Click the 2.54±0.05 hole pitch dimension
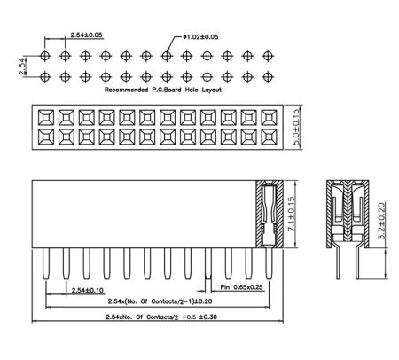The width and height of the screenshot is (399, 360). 86,35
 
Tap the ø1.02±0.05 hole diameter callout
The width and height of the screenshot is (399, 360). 200,37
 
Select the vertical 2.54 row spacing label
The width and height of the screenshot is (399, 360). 22,67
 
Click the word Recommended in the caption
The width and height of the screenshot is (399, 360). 126,90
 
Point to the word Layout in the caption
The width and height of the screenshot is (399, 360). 212,90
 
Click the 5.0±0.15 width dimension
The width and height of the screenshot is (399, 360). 296,127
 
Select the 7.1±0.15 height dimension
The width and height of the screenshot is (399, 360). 292,214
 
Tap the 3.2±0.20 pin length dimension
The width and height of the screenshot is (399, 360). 382,220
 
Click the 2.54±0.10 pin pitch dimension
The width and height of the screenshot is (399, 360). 88,290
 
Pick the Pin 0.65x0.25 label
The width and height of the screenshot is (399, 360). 241,287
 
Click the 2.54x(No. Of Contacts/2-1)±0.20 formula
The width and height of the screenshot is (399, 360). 160,301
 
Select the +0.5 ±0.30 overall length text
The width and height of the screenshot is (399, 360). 199,317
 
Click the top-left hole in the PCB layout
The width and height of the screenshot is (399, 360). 45,56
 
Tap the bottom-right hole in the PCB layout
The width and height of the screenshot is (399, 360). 268,77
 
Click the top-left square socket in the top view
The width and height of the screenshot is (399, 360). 46,118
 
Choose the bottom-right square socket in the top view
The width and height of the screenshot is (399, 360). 269,137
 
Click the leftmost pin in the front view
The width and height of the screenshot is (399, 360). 46,263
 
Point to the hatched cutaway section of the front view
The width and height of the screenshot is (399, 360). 270,214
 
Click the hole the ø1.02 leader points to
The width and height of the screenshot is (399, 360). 167,56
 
